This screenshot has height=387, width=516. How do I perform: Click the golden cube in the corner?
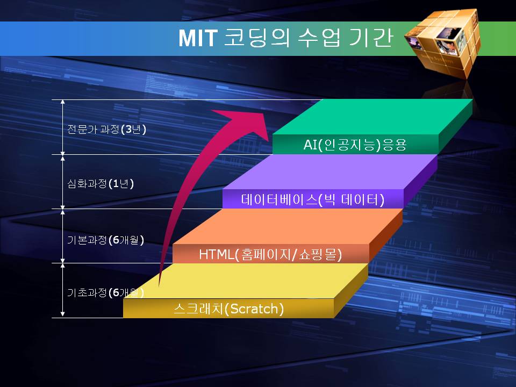pos(442,43)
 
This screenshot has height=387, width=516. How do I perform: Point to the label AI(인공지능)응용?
pos(355,145)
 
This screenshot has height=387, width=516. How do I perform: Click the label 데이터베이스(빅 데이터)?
pos(313,199)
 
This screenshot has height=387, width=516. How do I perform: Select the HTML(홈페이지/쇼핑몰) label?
pos(270,254)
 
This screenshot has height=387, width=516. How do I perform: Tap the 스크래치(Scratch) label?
pos(229,309)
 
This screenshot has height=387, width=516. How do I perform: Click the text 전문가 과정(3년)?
pos(106,129)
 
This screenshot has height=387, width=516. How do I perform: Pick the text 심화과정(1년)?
pos(101,183)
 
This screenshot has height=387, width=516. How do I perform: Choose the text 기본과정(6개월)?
pos(106,240)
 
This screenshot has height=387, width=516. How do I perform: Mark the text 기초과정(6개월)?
pos(106,292)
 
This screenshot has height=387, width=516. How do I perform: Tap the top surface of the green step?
pos(372,117)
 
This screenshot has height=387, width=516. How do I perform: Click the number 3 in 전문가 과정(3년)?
pos(128,130)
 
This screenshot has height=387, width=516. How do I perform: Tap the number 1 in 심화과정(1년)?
pos(116,184)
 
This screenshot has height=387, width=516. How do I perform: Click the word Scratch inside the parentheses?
pos(254,309)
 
